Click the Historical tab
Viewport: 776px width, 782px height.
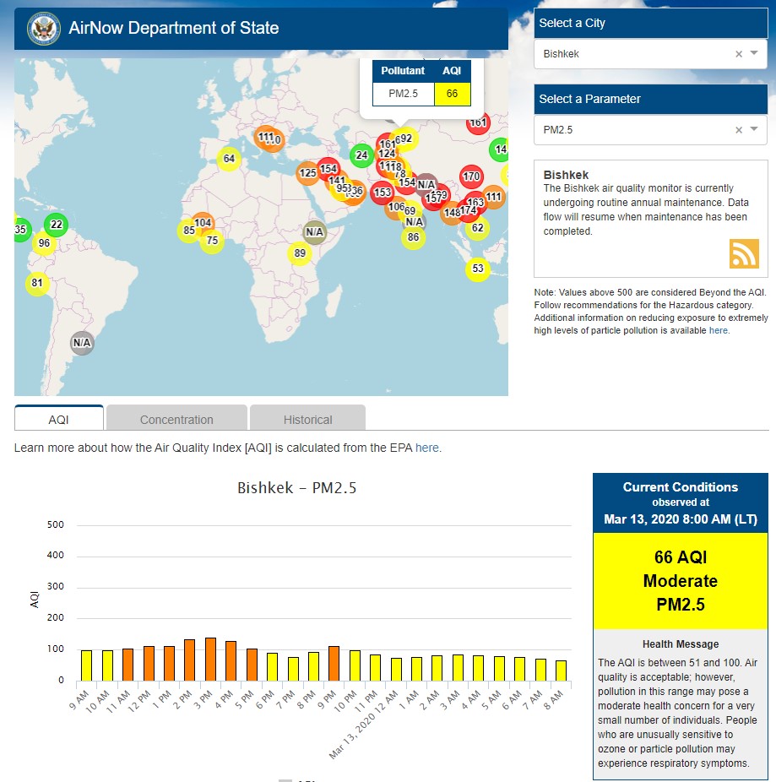click(307, 419)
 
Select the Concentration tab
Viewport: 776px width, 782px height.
click(176, 419)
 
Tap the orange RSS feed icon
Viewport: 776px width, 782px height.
click(744, 253)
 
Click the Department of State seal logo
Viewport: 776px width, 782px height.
click(43, 28)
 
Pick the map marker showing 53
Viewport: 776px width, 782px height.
click(478, 269)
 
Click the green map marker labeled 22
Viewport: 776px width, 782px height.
click(57, 225)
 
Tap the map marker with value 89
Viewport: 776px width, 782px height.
click(299, 253)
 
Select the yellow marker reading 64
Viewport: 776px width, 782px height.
click(229, 159)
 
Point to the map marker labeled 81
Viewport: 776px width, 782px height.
click(37, 283)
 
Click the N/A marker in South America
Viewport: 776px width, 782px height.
click(82, 343)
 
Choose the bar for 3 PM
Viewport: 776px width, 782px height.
click(210, 659)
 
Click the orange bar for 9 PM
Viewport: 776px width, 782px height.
click(334, 663)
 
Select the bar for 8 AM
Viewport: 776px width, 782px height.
click(562, 670)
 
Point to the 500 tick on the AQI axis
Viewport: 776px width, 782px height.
click(56, 524)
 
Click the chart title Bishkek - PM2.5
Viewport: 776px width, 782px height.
click(296, 488)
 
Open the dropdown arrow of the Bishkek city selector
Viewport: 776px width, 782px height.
click(754, 53)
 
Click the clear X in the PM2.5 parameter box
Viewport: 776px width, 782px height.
click(739, 130)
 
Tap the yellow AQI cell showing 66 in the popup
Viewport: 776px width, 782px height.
click(452, 94)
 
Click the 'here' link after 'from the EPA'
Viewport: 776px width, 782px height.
click(426, 448)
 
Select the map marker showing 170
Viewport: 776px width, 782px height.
click(471, 177)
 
